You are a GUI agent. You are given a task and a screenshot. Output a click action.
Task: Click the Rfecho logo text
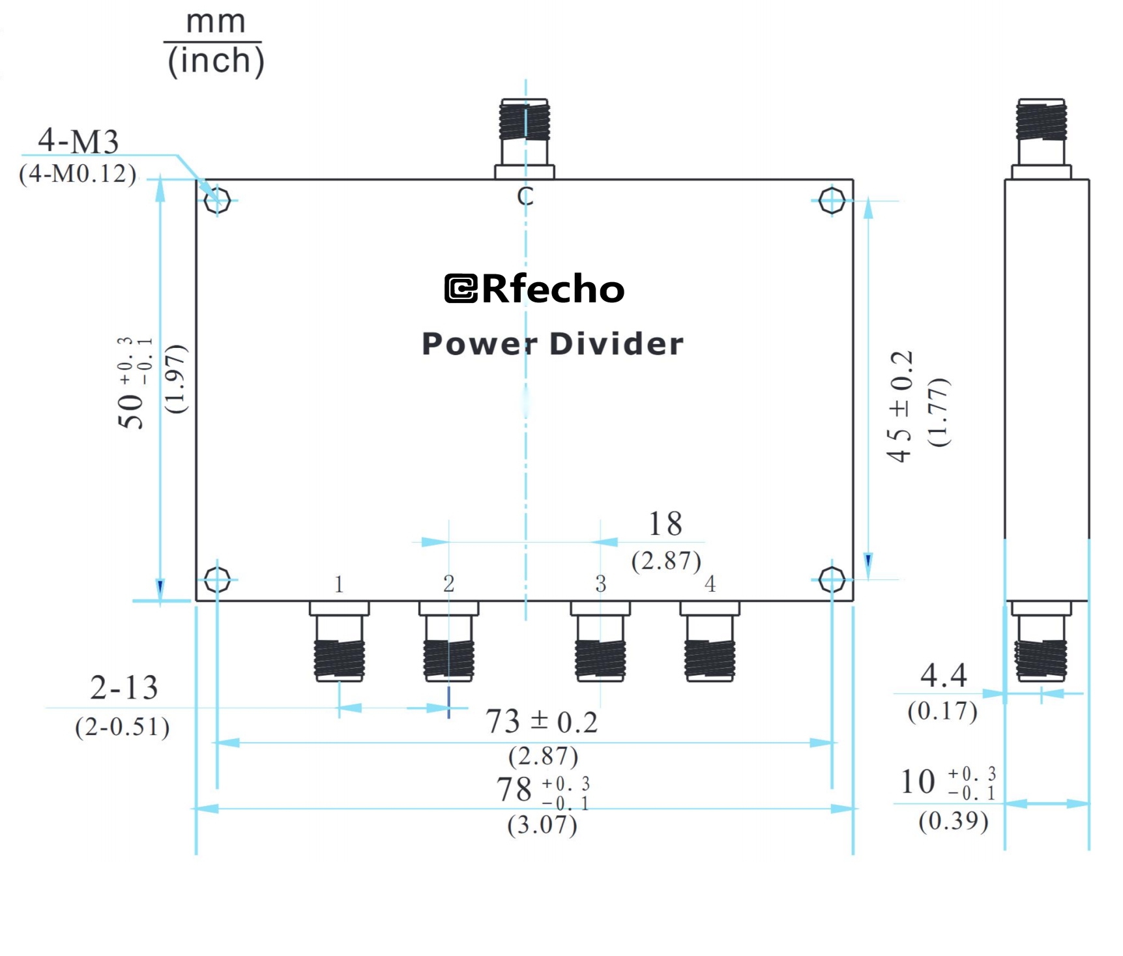[534, 289]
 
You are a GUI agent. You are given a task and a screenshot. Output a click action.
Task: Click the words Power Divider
[553, 344]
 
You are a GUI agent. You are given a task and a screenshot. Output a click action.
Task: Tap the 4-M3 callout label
[78, 141]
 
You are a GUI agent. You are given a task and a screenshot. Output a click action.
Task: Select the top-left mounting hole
[217, 200]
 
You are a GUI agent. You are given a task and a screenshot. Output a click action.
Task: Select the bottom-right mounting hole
[832, 579]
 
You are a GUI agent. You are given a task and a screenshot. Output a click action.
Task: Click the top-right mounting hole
[832, 200]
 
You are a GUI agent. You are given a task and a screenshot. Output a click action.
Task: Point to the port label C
[525, 196]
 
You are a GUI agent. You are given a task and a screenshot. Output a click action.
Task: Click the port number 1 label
[338, 584]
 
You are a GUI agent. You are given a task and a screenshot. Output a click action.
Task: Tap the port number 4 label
[710, 584]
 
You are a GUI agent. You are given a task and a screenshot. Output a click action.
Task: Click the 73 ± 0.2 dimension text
[541, 722]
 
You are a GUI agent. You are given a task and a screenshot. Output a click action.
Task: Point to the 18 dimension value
[665, 524]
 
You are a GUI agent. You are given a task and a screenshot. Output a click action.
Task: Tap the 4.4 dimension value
[943, 676]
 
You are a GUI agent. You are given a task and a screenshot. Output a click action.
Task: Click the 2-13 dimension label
[124, 688]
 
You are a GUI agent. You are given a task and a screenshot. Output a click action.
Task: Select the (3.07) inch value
[542, 825]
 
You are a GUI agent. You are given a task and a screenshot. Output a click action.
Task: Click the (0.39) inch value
[953, 821]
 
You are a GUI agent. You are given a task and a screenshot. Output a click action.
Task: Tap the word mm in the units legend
[216, 22]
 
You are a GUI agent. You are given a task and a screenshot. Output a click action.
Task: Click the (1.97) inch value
[176, 379]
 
